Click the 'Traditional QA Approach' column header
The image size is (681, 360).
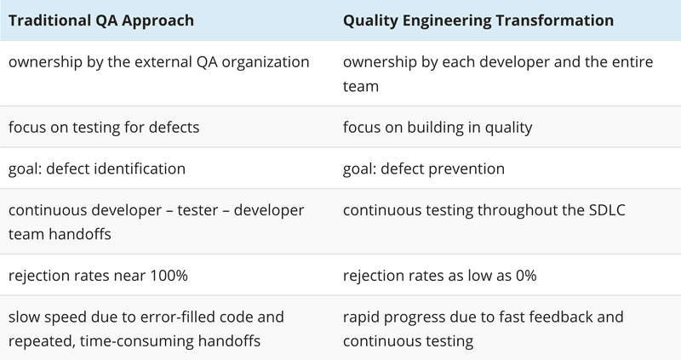101,20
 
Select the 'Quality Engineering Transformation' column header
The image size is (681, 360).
478,20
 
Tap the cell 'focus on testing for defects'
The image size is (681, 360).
104,128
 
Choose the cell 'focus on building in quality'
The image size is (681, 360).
438,128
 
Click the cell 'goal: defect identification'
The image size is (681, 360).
97,169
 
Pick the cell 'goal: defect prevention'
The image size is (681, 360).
424,169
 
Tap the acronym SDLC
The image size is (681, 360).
607,210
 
